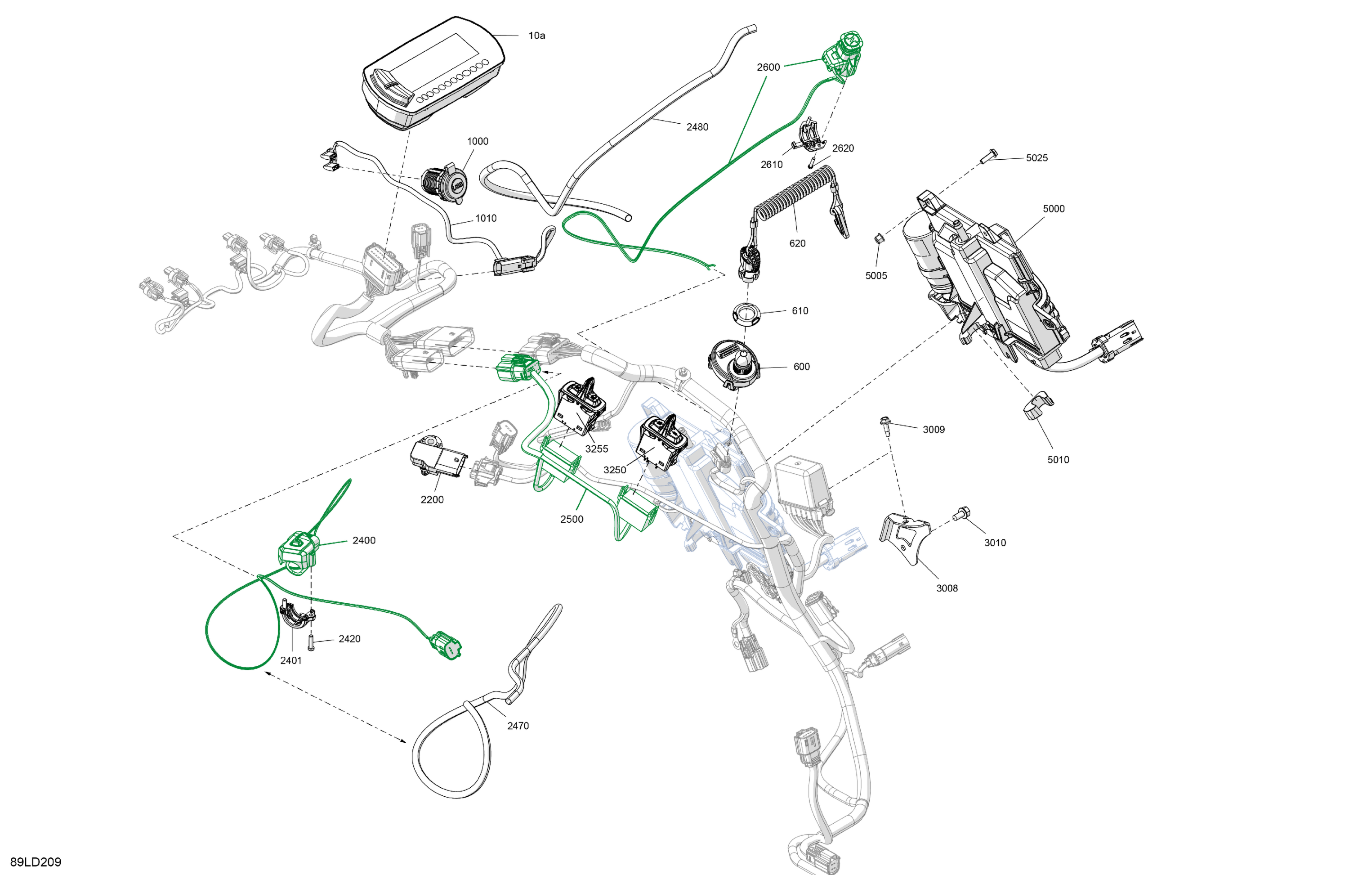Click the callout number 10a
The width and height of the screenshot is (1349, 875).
tap(537, 36)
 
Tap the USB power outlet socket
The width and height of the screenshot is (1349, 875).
tap(445, 183)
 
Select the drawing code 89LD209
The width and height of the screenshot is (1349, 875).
tap(36, 862)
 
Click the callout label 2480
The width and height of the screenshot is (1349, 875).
tap(697, 127)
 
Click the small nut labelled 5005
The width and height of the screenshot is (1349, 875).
tap(878, 238)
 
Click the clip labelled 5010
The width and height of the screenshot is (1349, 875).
tap(1038, 405)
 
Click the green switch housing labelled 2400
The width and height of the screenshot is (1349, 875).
tap(298, 552)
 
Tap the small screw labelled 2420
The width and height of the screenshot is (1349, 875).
tap(311, 643)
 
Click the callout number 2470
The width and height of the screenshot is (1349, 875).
tap(518, 726)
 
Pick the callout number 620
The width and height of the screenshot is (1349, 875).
tap(797, 243)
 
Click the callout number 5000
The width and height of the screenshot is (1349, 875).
tap(1054, 209)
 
